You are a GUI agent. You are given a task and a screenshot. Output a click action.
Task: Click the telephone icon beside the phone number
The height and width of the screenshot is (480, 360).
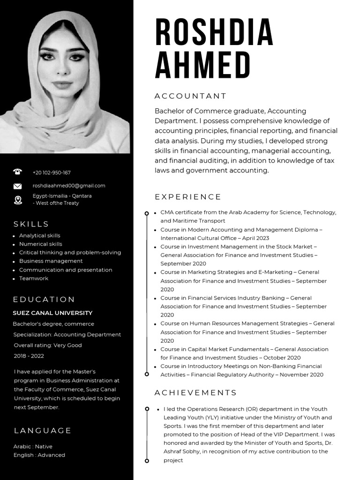(x=18, y=172)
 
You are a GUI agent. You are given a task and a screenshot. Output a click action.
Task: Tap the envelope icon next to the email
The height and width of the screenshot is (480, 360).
(x=18, y=186)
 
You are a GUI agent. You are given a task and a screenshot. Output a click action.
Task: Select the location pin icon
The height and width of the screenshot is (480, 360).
(x=18, y=200)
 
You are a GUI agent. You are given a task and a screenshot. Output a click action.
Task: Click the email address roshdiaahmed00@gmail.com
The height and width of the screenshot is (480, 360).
(x=69, y=186)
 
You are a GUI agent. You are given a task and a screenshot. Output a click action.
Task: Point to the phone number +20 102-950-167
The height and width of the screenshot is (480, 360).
(x=52, y=172)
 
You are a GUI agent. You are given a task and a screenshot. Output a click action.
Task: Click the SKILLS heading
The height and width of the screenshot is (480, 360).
(x=31, y=224)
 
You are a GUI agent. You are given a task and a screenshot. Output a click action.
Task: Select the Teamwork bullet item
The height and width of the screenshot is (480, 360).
(x=34, y=278)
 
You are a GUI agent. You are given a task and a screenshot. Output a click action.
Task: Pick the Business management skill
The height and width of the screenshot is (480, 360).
(x=51, y=261)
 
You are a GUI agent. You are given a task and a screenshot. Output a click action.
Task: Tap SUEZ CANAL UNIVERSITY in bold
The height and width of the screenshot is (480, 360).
(x=52, y=313)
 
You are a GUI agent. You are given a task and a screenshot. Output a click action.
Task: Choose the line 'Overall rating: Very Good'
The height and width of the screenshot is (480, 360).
(x=48, y=345)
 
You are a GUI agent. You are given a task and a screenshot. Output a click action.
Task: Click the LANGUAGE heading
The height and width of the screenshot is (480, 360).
(x=42, y=430)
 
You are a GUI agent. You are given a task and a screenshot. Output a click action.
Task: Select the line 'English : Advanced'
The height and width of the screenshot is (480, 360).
(x=39, y=455)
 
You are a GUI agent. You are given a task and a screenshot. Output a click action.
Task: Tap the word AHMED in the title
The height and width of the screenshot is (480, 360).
(x=202, y=65)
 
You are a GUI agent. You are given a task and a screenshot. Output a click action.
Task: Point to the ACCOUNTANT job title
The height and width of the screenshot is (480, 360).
(x=190, y=96)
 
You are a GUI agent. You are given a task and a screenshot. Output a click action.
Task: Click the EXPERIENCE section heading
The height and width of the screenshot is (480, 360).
(x=187, y=197)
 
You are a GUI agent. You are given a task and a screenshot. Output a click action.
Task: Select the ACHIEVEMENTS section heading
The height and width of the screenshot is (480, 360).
(x=195, y=393)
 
